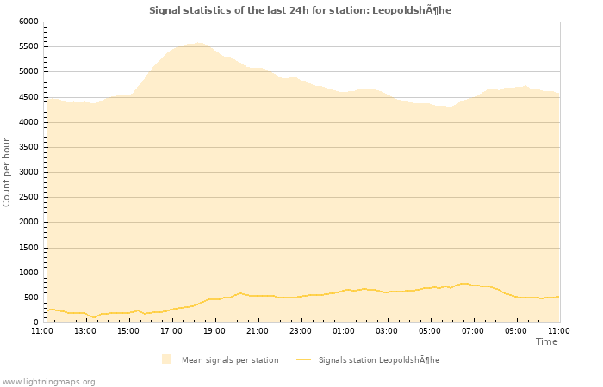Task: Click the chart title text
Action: pos(300,10)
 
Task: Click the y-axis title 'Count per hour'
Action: pos(7,172)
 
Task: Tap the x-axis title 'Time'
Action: pos(546,341)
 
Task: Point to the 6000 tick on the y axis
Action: pos(28,21)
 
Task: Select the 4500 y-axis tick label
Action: pos(28,97)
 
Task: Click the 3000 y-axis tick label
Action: pos(28,172)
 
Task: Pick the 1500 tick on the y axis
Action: pos(28,248)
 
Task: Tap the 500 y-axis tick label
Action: pos(31,298)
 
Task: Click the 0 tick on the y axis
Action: pos(35,322)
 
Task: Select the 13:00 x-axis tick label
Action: pos(85,330)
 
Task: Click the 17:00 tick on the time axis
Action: pos(171,330)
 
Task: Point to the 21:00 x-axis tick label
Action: pos(258,330)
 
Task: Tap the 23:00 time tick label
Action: pos(301,330)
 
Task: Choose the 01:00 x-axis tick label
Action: pos(344,330)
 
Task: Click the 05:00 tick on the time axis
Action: pos(430,330)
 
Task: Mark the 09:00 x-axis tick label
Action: pos(516,330)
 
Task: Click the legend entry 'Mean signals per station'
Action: pos(229,359)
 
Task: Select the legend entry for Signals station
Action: pos(378,359)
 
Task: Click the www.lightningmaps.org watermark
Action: pos(48,381)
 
